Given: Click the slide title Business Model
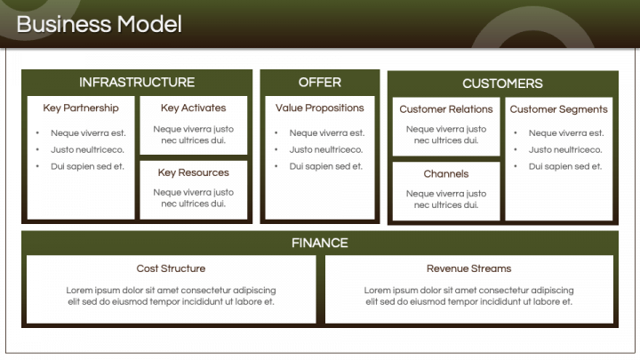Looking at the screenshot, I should click(x=99, y=24).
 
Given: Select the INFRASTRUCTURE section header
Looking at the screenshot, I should click(x=137, y=83).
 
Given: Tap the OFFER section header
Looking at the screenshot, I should click(x=320, y=83).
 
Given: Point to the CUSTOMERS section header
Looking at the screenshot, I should click(x=502, y=84).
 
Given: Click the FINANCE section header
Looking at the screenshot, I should click(x=320, y=243).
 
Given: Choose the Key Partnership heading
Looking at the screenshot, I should click(x=81, y=108).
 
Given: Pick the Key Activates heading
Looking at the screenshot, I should click(x=194, y=108).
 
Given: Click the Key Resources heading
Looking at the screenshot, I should click(x=194, y=172).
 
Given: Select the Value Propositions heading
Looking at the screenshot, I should click(x=320, y=108).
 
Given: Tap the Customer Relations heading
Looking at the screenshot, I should click(x=446, y=109).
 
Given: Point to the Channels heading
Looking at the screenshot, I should click(x=446, y=174).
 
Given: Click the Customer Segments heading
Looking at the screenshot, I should click(x=559, y=109).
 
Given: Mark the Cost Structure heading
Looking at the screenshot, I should click(x=171, y=268).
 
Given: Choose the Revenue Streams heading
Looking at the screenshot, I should click(x=469, y=268).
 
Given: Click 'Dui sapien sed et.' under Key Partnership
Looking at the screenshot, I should click(x=87, y=166).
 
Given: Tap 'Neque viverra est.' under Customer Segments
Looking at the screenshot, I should click(x=565, y=133).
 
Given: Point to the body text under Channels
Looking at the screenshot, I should click(x=446, y=199).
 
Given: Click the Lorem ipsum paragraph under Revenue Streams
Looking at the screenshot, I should click(x=469, y=296).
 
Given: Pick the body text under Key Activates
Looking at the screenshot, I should click(x=194, y=135).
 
